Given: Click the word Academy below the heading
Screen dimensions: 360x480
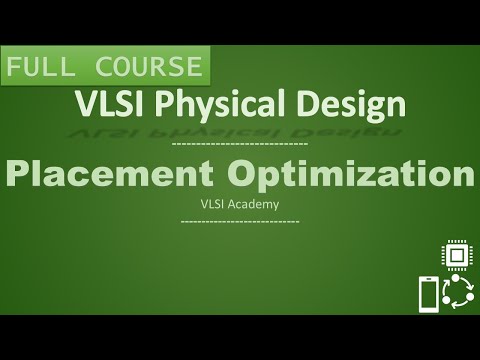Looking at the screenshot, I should [x=256, y=205].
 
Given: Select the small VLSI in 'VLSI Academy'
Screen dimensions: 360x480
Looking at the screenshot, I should [x=214, y=205].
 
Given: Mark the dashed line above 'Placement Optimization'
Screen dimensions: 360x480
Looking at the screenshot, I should [x=240, y=146].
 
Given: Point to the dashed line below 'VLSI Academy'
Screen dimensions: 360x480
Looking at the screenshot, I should [x=240, y=220].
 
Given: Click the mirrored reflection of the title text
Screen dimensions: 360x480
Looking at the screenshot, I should [x=240, y=127].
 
